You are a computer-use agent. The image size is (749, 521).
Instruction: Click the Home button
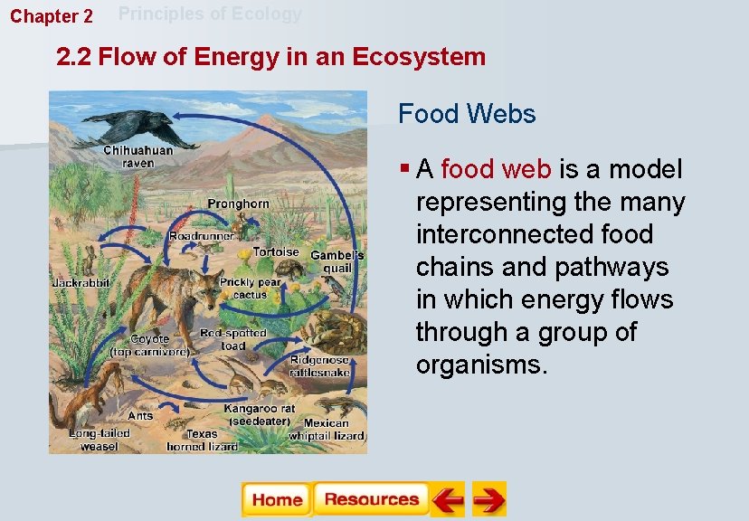click(276, 499)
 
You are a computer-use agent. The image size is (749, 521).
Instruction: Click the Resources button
click(371, 499)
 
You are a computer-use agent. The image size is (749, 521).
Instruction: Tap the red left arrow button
click(447, 499)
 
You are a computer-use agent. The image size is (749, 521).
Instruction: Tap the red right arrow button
click(488, 499)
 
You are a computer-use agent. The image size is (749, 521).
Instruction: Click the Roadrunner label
click(201, 235)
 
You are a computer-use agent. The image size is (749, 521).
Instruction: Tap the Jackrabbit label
click(81, 283)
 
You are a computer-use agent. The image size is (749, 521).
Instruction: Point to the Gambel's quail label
click(337, 261)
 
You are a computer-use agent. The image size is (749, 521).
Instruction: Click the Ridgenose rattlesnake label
click(319, 366)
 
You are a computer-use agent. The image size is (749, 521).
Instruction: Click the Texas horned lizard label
click(202, 440)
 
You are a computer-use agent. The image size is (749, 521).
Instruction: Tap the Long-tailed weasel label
click(100, 440)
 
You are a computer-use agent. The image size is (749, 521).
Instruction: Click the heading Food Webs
click(467, 115)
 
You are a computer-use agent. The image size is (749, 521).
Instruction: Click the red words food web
click(488, 169)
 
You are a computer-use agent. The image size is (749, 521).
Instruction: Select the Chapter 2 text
click(52, 16)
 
